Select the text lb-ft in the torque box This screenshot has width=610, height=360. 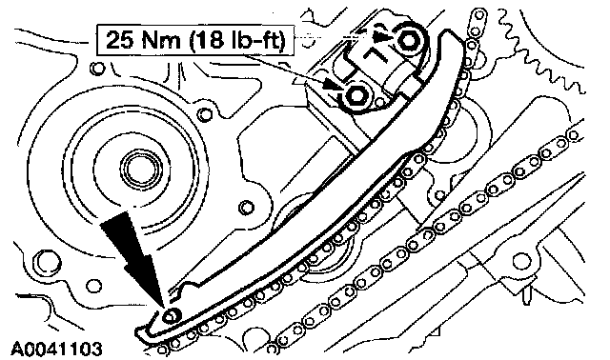coord(257,40)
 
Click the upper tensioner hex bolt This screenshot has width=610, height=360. coord(408,40)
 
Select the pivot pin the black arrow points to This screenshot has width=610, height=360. coord(171,316)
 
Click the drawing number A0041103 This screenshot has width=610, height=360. coord(57,350)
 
